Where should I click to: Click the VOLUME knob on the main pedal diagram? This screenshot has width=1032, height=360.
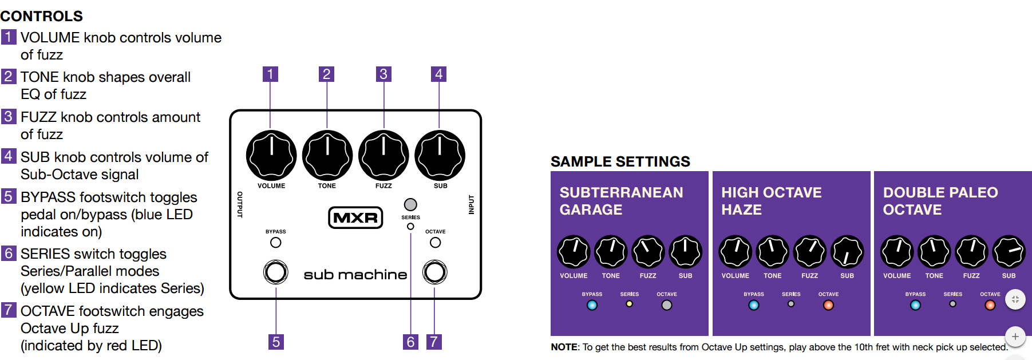point(271,155)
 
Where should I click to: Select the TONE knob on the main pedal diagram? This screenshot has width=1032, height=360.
point(327,155)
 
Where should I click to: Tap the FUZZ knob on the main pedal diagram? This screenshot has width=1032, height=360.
point(383,155)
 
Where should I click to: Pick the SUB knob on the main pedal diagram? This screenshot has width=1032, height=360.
point(440,155)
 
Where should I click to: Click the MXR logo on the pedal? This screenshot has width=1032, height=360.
point(355,217)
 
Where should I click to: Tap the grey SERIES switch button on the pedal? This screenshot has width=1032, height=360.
point(410,204)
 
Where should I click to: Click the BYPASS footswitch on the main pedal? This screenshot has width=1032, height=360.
point(275,272)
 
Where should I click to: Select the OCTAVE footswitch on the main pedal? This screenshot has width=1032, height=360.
point(434,272)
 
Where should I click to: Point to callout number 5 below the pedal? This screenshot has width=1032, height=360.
point(276,342)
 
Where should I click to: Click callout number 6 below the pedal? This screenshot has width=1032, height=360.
point(410,342)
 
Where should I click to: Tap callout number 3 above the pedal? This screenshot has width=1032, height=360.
point(383,74)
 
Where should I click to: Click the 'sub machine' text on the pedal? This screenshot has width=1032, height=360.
point(355,275)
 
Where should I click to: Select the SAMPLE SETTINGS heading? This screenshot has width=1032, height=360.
point(620,161)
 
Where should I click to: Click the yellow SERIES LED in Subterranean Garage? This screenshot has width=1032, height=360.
point(629,304)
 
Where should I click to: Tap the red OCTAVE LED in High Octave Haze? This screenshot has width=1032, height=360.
point(828,305)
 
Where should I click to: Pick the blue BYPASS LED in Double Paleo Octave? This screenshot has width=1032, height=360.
point(915,305)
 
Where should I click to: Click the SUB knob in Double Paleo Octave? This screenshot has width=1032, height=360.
point(1009,252)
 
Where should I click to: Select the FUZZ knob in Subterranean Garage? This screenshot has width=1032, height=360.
point(648,252)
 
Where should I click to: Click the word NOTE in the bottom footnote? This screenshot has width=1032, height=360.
point(564,347)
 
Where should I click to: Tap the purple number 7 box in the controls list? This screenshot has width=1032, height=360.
point(8,310)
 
